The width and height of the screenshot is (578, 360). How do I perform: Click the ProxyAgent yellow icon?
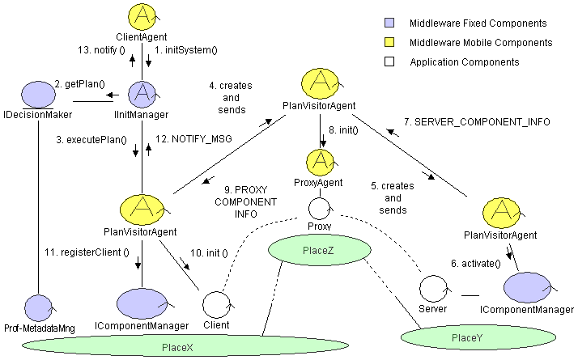[322, 162]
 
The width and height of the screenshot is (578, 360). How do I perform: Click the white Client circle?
[216, 304]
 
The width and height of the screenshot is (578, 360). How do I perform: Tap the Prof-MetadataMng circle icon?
[37, 307]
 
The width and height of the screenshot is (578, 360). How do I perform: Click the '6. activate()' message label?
[475, 263]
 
